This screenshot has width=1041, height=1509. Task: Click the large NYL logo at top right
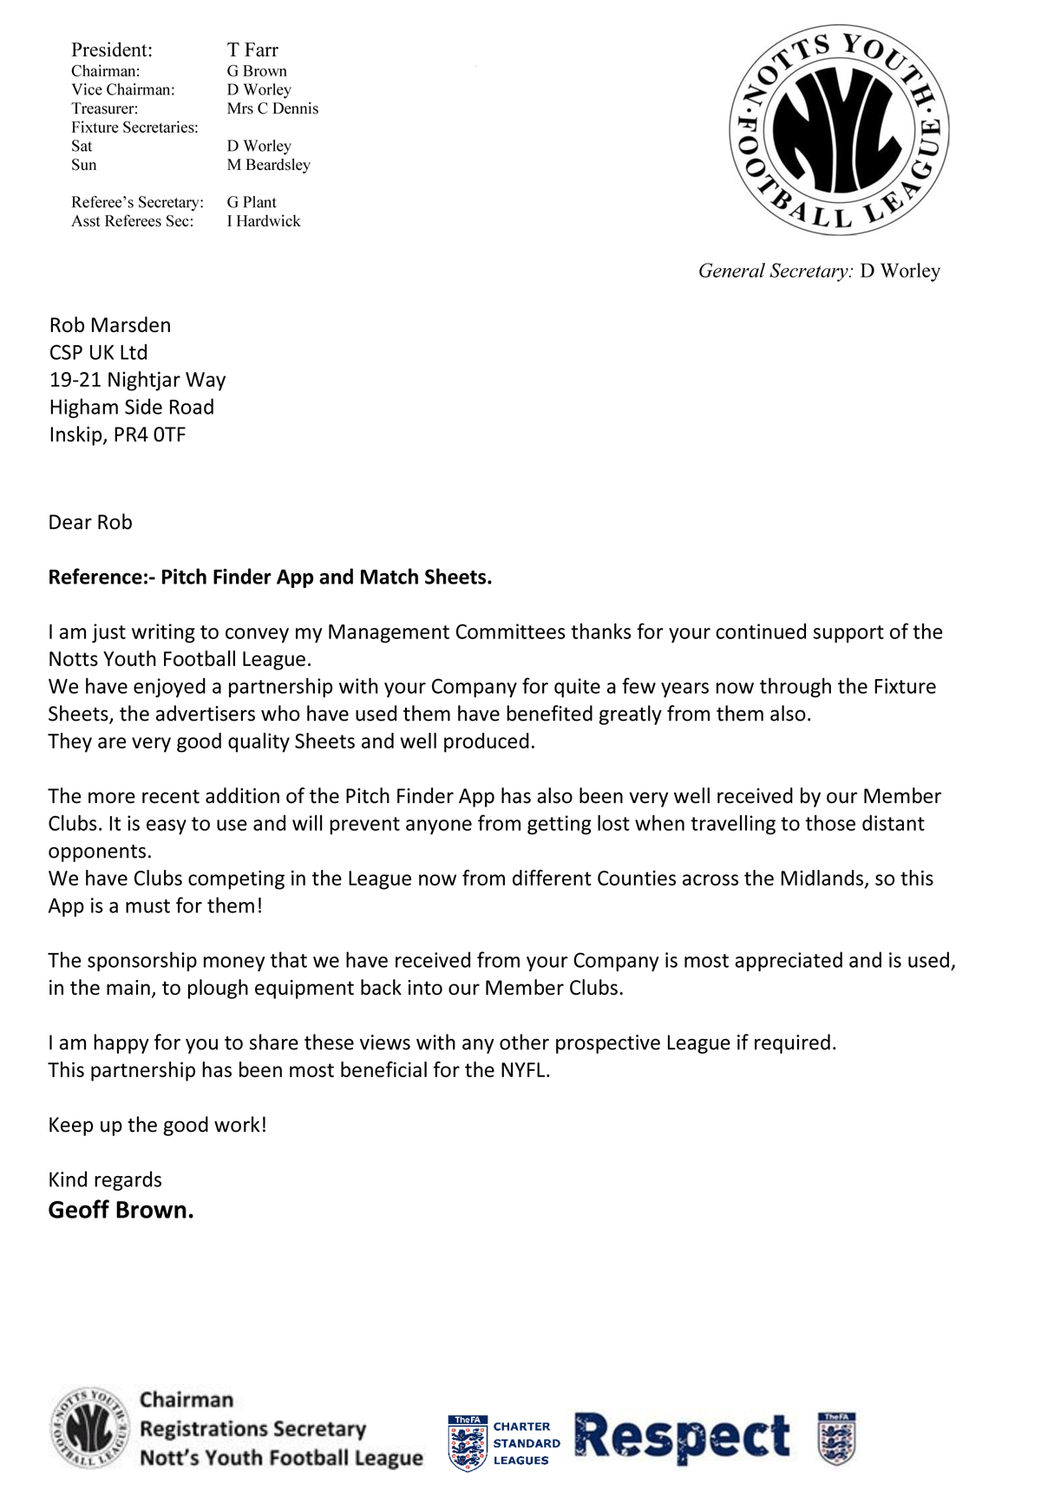tap(839, 129)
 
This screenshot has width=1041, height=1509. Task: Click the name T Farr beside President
tap(252, 50)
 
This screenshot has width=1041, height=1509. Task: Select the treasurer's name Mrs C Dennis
tap(272, 108)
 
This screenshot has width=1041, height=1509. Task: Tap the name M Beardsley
tap(268, 165)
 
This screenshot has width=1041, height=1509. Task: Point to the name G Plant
tap(252, 202)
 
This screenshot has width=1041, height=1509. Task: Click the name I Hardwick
tap(264, 221)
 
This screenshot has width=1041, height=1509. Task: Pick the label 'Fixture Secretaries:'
tap(134, 127)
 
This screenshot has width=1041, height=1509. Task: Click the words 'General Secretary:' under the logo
tap(776, 271)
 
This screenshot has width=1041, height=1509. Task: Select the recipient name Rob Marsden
tap(110, 325)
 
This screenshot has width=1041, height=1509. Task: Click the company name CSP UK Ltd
tap(98, 353)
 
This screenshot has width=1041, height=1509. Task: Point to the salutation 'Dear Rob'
tap(90, 522)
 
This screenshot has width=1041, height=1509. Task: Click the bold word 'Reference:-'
tap(101, 578)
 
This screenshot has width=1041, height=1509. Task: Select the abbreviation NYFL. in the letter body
tap(525, 1070)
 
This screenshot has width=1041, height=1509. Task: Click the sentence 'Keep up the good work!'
tap(157, 1125)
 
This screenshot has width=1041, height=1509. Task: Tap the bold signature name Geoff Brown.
tap(121, 1210)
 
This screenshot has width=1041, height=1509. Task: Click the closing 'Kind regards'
tap(105, 1179)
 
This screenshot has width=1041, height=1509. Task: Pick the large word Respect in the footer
tap(683, 1439)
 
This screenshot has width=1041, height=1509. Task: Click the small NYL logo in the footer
tap(90, 1428)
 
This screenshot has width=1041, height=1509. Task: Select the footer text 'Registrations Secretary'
tap(252, 1428)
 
